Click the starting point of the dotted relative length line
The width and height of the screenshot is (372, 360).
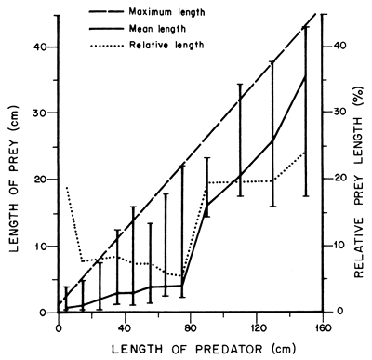tap(66, 187)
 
